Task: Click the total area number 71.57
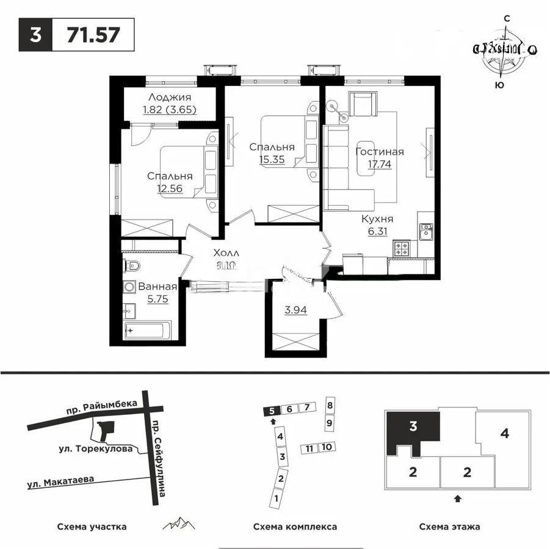pyautogui.click(x=93, y=35)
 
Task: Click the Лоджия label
pyautogui.click(x=170, y=98)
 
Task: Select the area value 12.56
pyautogui.click(x=170, y=188)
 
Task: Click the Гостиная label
pyautogui.click(x=379, y=152)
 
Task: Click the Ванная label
pyautogui.click(x=157, y=287)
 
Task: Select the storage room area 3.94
pyautogui.click(x=295, y=309)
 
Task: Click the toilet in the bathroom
pyautogui.click(x=132, y=266)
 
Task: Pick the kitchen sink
pyautogui.click(x=425, y=231)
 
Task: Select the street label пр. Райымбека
pyautogui.click(x=103, y=408)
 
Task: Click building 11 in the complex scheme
pyautogui.click(x=309, y=448)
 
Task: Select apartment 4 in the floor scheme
pyautogui.click(x=504, y=434)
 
